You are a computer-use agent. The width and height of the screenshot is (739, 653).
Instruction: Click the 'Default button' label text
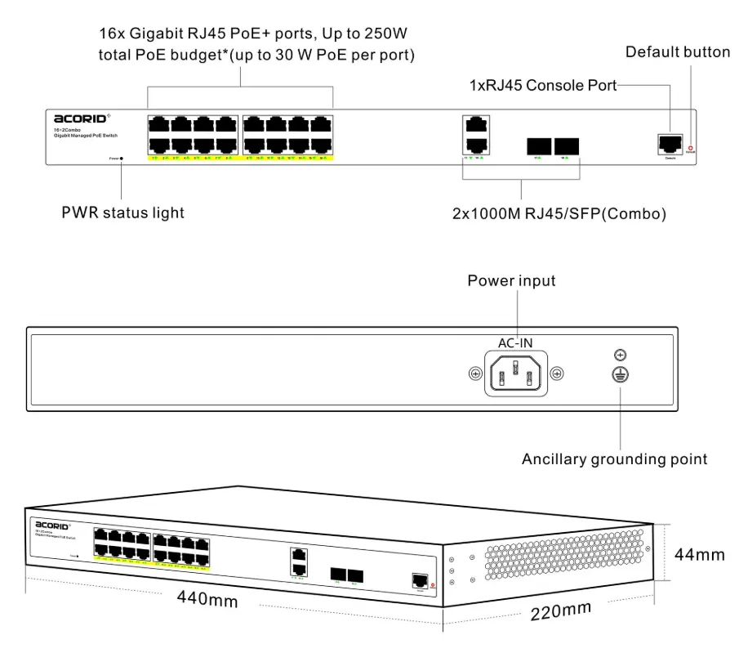(x=678, y=52)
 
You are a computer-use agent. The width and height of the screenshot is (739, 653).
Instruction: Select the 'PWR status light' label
(x=123, y=213)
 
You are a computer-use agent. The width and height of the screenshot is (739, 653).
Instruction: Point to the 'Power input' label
(x=511, y=281)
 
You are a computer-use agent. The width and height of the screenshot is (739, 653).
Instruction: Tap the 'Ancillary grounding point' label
(x=614, y=459)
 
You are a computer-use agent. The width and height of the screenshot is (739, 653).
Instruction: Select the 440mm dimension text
(x=208, y=599)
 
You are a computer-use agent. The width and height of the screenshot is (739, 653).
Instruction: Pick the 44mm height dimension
(x=699, y=555)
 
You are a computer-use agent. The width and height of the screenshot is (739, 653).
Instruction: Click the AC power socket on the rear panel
(x=515, y=375)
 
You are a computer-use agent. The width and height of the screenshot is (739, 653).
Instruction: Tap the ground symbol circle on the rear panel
(x=621, y=375)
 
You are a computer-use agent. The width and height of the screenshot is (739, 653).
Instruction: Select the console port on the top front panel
(x=669, y=142)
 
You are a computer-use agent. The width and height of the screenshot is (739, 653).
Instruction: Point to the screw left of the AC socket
(x=474, y=374)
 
